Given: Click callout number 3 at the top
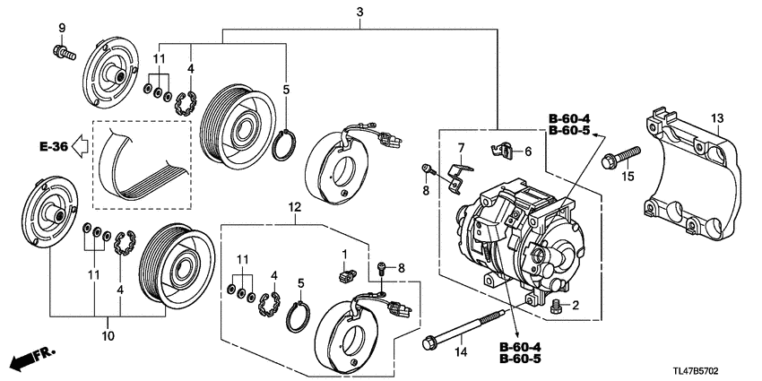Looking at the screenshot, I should [x=359, y=13].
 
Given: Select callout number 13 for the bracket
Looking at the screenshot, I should [x=717, y=120].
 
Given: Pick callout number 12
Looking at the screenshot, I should [x=295, y=208].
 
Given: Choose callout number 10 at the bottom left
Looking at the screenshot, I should [x=108, y=336].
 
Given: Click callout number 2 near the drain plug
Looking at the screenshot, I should [x=576, y=307].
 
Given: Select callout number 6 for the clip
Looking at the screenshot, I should [x=527, y=152].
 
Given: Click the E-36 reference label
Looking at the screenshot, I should [x=53, y=144].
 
